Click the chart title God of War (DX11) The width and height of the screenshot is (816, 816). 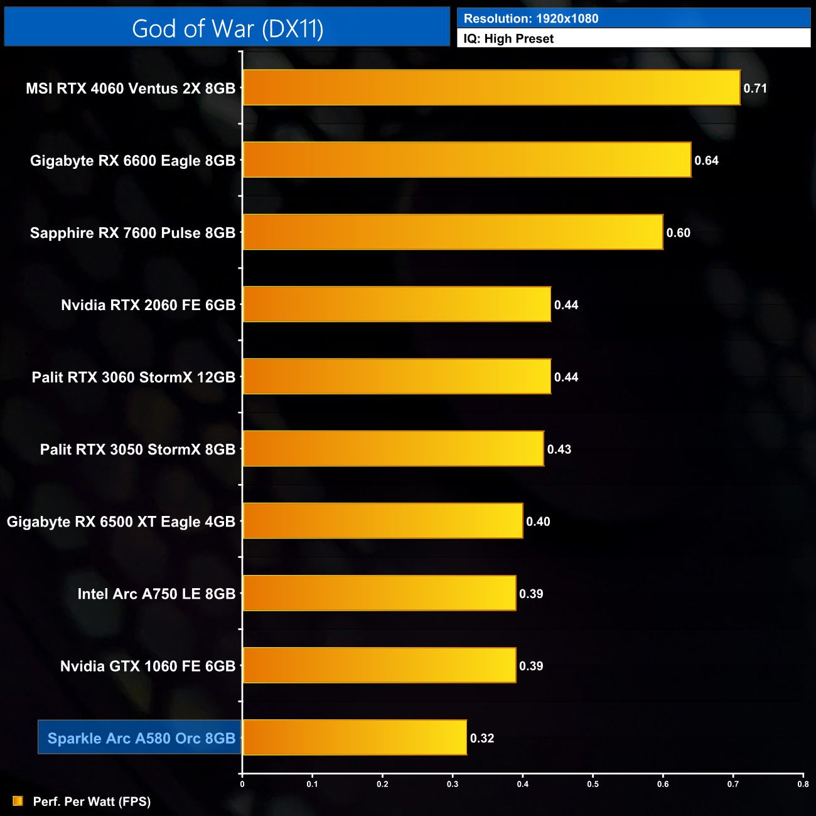pyautogui.click(x=227, y=29)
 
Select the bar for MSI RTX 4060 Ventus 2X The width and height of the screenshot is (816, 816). pyautogui.click(x=491, y=88)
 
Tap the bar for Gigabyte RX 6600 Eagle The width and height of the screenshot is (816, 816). pyautogui.click(x=467, y=160)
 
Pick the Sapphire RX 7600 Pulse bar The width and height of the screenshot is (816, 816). pyautogui.click(x=453, y=232)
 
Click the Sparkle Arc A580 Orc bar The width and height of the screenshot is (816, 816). pyautogui.click(x=355, y=738)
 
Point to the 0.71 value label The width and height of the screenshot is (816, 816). pyautogui.click(x=755, y=89)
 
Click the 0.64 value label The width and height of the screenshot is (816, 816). pyautogui.click(x=706, y=161)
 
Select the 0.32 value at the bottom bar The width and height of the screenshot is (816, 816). pyautogui.click(x=482, y=738)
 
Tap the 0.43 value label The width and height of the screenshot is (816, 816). pyautogui.click(x=559, y=449)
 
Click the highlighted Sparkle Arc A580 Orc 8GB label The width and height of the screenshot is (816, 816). pyautogui.click(x=141, y=738)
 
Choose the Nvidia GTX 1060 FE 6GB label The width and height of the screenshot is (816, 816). pyautogui.click(x=148, y=666)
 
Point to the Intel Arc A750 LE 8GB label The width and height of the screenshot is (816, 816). pyautogui.click(x=156, y=594)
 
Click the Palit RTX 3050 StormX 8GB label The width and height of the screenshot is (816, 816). pyautogui.click(x=137, y=449)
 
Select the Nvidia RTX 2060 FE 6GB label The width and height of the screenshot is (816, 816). pyautogui.click(x=148, y=305)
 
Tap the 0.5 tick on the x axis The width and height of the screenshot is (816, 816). pyautogui.click(x=593, y=784)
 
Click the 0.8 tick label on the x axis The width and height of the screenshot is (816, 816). pyautogui.click(x=803, y=784)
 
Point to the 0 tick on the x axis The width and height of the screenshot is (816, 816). pyautogui.click(x=242, y=784)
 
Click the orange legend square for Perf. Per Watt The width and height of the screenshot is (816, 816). pyautogui.click(x=18, y=801)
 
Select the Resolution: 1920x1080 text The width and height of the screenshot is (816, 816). pyautogui.click(x=531, y=19)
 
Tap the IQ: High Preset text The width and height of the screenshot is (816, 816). pyautogui.click(x=508, y=39)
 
